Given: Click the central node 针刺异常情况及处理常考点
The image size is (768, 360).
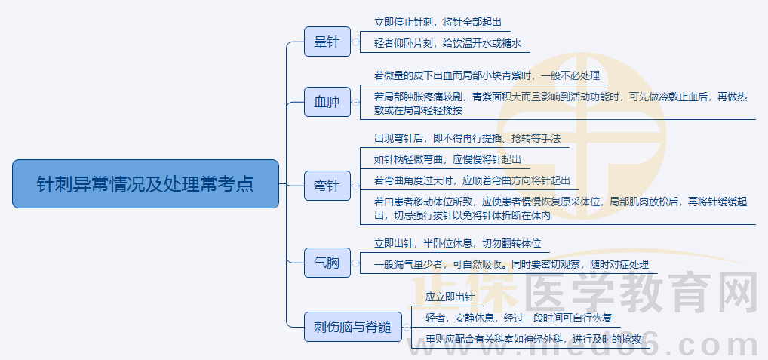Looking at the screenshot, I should click(146, 183).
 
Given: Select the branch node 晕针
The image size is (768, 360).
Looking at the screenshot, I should click(327, 42).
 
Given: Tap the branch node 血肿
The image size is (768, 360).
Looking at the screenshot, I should click(327, 102).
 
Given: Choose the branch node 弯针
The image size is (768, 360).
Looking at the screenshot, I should click(327, 185).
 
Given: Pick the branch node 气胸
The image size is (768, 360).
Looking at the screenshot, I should click(327, 263).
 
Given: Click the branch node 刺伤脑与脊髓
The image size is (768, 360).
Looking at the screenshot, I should click(352, 327).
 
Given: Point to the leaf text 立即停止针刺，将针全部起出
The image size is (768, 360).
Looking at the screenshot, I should click(438, 22).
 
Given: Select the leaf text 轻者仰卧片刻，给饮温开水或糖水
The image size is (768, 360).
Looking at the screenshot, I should click(447, 43).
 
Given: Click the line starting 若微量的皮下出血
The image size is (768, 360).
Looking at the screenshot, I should click(486, 75).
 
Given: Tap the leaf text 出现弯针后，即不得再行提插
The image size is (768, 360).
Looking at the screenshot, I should click(467, 138).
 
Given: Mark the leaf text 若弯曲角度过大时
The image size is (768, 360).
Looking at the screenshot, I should click(472, 180).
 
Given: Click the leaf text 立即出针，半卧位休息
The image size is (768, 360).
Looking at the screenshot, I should click(457, 244).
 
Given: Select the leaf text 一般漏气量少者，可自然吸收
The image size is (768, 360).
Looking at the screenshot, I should click(511, 265).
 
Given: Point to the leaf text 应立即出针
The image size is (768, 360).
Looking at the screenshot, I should click(450, 297).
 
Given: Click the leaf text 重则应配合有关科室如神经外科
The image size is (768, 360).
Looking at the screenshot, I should click(533, 339).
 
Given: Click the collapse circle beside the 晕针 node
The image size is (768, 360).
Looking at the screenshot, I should click(355, 42).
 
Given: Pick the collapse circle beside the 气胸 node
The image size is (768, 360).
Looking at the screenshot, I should click(355, 263).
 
